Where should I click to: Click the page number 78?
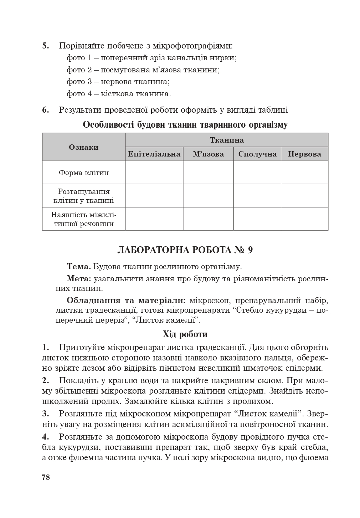(46, 477)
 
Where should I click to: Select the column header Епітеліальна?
(154, 154)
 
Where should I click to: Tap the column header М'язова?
(208, 154)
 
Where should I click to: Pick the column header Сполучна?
(257, 154)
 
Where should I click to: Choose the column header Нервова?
(304, 154)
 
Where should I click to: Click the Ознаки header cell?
(83, 147)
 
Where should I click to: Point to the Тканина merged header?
(226, 140)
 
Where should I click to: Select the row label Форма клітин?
(83, 173)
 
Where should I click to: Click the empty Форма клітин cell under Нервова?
(304, 173)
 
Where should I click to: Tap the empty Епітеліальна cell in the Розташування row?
(154, 196)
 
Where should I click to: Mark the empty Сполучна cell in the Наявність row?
(257, 219)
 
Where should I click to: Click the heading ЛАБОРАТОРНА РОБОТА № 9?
(185, 250)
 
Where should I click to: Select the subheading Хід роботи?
(185, 334)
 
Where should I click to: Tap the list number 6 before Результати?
(46, 110)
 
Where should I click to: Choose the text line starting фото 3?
(118, 82)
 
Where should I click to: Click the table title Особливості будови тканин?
(185, 125)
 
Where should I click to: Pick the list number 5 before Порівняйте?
(46, 46)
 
